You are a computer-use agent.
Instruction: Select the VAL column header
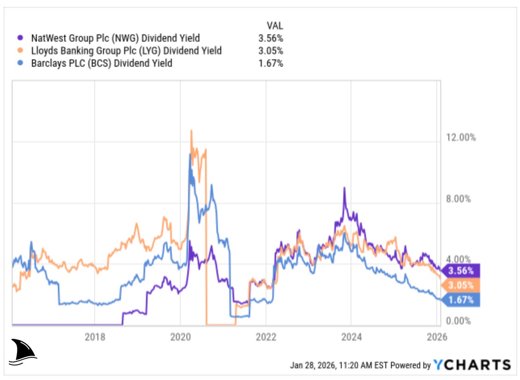(275, 26)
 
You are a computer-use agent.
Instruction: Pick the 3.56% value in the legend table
(271, 38)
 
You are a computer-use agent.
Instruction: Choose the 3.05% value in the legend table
(271, 51)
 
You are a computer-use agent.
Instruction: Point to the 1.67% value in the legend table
(271, 63)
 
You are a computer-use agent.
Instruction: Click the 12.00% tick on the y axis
(461, 137)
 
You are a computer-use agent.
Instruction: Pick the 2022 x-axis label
(266, 337)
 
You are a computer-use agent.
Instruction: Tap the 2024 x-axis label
(351, 337)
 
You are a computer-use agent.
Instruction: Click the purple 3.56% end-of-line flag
(461, 270)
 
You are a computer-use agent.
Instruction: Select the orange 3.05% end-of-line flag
(461, 285)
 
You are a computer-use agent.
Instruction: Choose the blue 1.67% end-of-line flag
(461, 300)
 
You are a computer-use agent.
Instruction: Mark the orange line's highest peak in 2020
(191, 131)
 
